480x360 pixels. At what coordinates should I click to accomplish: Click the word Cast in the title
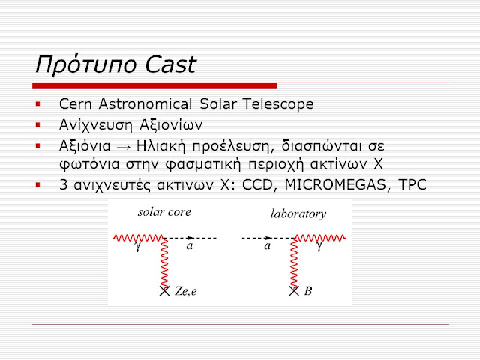[170, 64]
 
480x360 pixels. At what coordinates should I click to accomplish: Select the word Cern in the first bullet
[76, 103]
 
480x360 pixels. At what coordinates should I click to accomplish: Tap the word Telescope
[278, 104]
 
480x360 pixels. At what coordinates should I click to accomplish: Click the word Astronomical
[145, 103]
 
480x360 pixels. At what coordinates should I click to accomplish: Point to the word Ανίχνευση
[96, 125]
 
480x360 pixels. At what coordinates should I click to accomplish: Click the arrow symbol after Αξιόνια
[123, 147]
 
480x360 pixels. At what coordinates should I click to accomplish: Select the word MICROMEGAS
[335, 185]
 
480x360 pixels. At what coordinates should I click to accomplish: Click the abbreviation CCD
[257, 185]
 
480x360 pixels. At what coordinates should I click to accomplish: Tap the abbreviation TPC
[412, 185]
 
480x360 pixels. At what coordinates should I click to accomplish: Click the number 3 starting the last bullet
[63, 185]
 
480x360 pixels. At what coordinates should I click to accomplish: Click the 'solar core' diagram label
[164, 212]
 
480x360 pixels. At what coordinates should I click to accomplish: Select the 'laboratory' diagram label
[298, 214]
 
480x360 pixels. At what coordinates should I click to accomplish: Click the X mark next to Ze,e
[164, 291]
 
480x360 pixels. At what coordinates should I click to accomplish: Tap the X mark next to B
[294, 291]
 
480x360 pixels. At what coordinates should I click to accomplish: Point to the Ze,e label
[185, 291]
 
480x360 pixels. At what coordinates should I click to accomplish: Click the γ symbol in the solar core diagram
[138, 247]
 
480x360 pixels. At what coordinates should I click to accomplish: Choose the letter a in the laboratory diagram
[268, 245]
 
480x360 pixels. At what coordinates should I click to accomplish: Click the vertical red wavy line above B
[294, 262]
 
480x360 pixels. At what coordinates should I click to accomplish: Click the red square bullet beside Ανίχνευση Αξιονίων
[38, 125]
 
